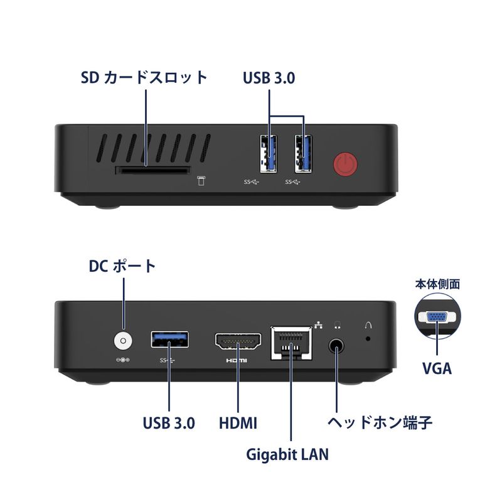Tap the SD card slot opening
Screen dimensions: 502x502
[152, 170]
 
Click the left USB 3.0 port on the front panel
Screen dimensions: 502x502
[269, 154]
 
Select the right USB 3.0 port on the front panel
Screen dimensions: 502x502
[304, 154]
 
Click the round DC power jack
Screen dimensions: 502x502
[123, 341]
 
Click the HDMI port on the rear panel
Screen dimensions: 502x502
[238, 342]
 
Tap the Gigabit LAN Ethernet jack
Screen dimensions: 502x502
[291, 343]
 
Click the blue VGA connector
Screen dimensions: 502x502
[437, 318]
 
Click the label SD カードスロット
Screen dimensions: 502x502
[144, 78]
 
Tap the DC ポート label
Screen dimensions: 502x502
[122, 266]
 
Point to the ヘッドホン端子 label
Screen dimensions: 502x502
[380, 422]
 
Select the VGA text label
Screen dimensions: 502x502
[437, 368]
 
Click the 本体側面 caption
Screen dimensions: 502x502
[437, 284]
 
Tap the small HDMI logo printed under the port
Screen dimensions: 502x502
[237, 361]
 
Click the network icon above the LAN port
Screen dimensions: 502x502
[319, 324]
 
